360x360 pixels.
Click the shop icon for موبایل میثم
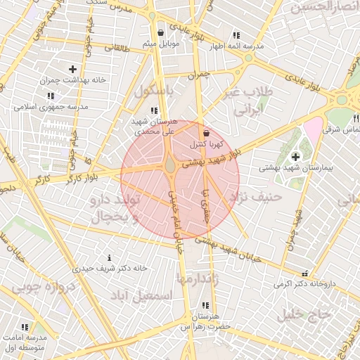click(161, 33)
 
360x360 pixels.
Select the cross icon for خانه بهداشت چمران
click(72, 69)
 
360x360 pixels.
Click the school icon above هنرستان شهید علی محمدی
click(154, 110)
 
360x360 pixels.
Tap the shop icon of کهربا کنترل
click(205, 133)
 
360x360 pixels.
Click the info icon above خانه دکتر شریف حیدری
click(108, 258)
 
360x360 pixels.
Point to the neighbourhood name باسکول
click(155, 91)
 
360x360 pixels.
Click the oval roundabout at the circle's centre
click(171, 166)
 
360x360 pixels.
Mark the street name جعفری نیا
click(206, 206)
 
